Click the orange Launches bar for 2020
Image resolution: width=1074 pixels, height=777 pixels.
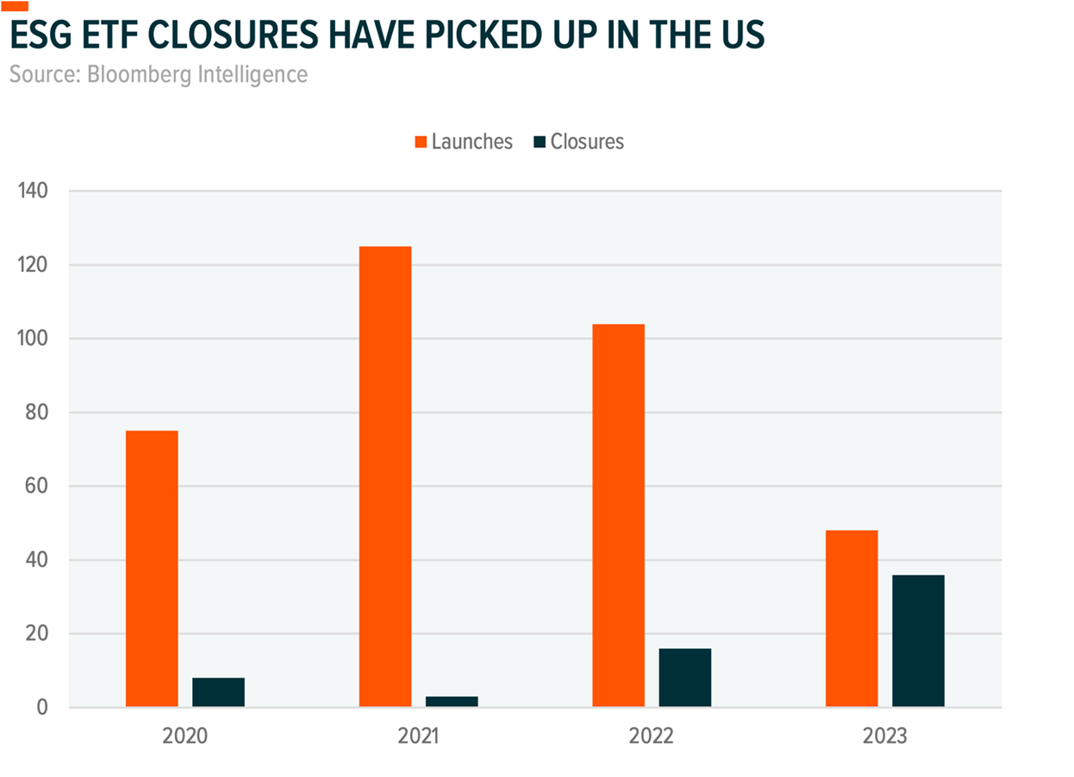(152, 569)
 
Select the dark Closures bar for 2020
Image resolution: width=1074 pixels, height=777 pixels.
(218, 692)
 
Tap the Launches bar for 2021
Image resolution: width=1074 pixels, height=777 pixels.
(385, 476)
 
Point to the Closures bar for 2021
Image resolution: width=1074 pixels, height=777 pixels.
(451, 702)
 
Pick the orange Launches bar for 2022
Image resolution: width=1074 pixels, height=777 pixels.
(618, 515)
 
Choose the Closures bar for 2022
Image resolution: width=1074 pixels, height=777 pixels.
(685, 677)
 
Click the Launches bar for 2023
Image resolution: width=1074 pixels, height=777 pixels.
(851, 618)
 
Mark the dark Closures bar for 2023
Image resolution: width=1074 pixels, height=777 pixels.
(918, 641)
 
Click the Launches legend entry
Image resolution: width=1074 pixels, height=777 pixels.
(464, 141)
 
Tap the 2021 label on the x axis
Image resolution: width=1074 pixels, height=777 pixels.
(418, 737)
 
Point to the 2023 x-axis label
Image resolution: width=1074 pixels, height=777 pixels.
(885, 737)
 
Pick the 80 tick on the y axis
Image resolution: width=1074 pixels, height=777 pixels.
(38, 412)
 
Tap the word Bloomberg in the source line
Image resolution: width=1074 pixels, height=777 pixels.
(149, 74)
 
